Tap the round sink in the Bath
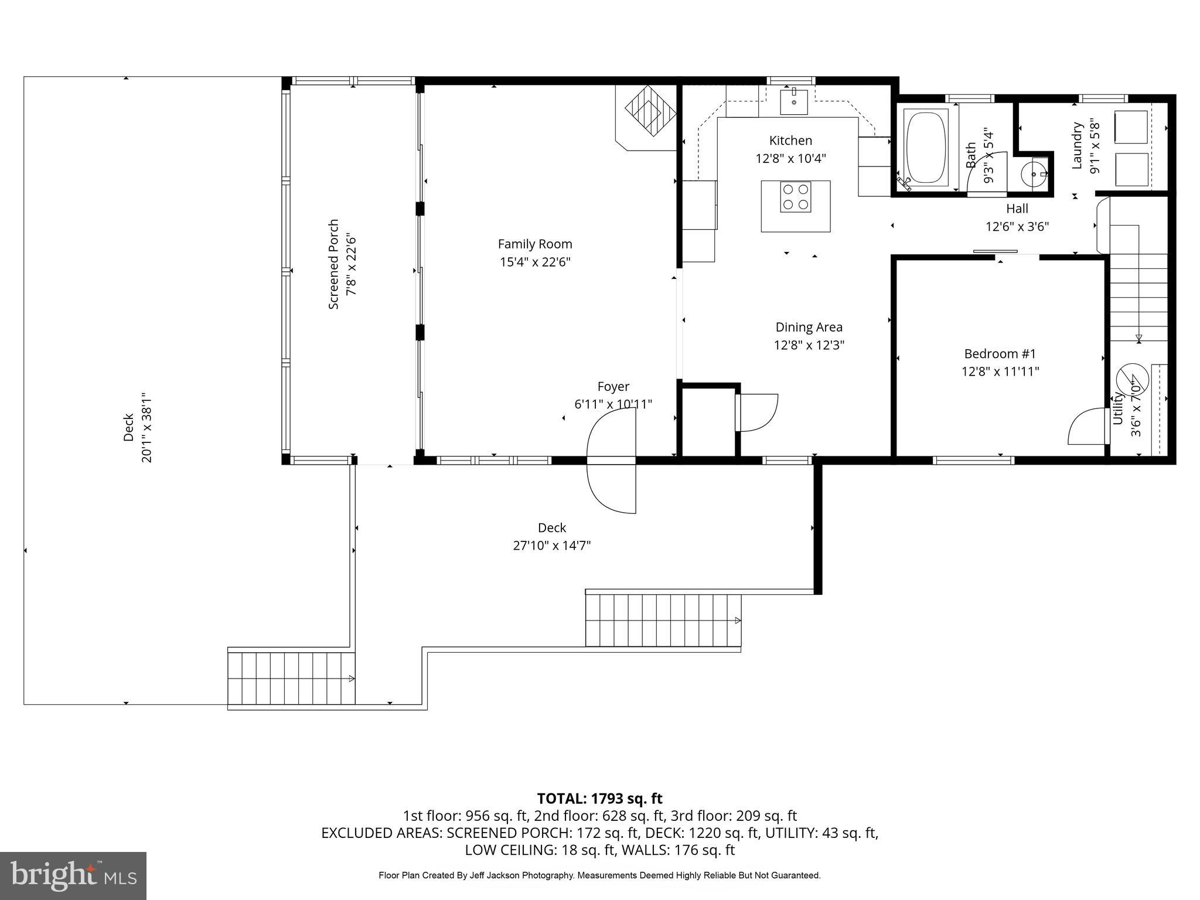click(x=1034, y=174)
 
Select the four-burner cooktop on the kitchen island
click(x=796, y=197)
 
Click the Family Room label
click(x=534, y=244)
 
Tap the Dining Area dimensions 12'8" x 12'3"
click(x=809, y=345)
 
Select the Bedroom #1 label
click(x=1000, y=354)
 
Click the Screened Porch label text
click(x=333, y=264)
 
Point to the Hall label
click(x=1017, y=209)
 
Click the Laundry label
click(x=1076, y=146)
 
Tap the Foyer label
click(x=613, y=387)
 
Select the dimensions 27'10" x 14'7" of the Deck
click(x=551, y=546)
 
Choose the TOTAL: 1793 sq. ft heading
click(x=599, y=798)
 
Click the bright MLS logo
click(x=73, y=875)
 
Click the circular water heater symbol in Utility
click(x=1132, y=379)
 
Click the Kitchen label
click(x=790, y=141)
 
